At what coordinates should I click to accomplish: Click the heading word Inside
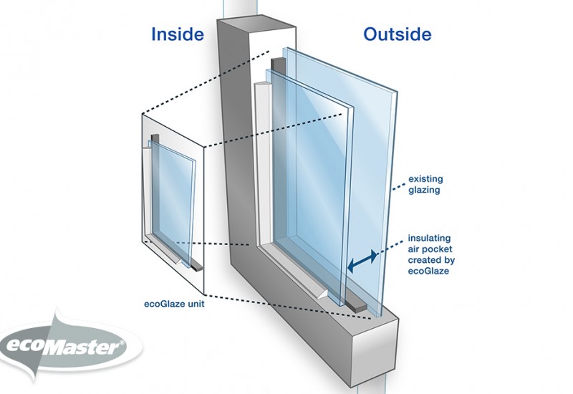click(x=178, y=34)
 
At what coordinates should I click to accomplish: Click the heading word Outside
click(x=398, y=34)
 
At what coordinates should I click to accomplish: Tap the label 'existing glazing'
click(x=425, y=185)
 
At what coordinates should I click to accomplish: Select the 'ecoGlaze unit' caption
click(x=174, y=304)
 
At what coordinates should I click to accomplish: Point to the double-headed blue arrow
click(x=362, y=261)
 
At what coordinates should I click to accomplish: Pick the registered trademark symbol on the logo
click(x=122, y=343)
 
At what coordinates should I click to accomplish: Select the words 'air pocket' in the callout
click(x=430, y=249)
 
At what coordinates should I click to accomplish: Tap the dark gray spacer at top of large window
click(x=278, y=64)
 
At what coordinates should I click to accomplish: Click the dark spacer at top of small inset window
click(x=155, y=138)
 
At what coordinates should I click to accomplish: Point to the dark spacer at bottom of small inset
click(x=196, y=267)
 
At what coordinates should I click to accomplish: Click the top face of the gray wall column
click(x=256, y=25)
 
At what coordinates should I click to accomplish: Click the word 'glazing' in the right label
click(x=424, y=190)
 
